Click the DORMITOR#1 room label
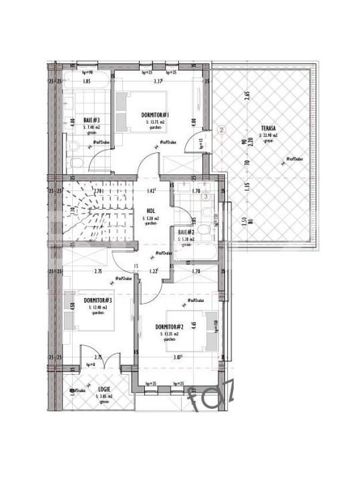[x=156, y=115]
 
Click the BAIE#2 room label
[x=186, y=232]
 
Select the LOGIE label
[x=103, y=389]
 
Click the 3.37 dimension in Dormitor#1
[x=158, y=82]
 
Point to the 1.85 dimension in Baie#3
[x=86, y=82]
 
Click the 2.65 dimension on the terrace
[x=246, y=94]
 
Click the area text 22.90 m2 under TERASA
[x=271, y=135]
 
